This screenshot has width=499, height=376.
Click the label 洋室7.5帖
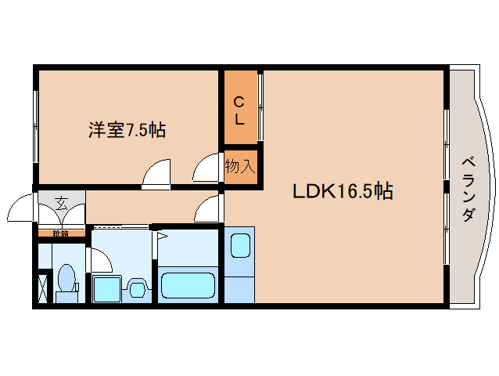click(126, 130)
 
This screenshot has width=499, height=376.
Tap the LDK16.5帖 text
click(343, 191)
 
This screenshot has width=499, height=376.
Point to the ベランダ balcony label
click(468, 189)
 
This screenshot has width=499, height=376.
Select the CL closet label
click(241, 110)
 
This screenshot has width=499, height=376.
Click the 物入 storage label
click(240, 166)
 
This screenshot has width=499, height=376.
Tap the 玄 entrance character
click(61, 205)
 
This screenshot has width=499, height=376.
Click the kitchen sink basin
click(240, 245)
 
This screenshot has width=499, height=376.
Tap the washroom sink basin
click(138, 289)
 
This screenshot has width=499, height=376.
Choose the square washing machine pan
click(106, 289)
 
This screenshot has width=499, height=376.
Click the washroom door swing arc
click(101, 259)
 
